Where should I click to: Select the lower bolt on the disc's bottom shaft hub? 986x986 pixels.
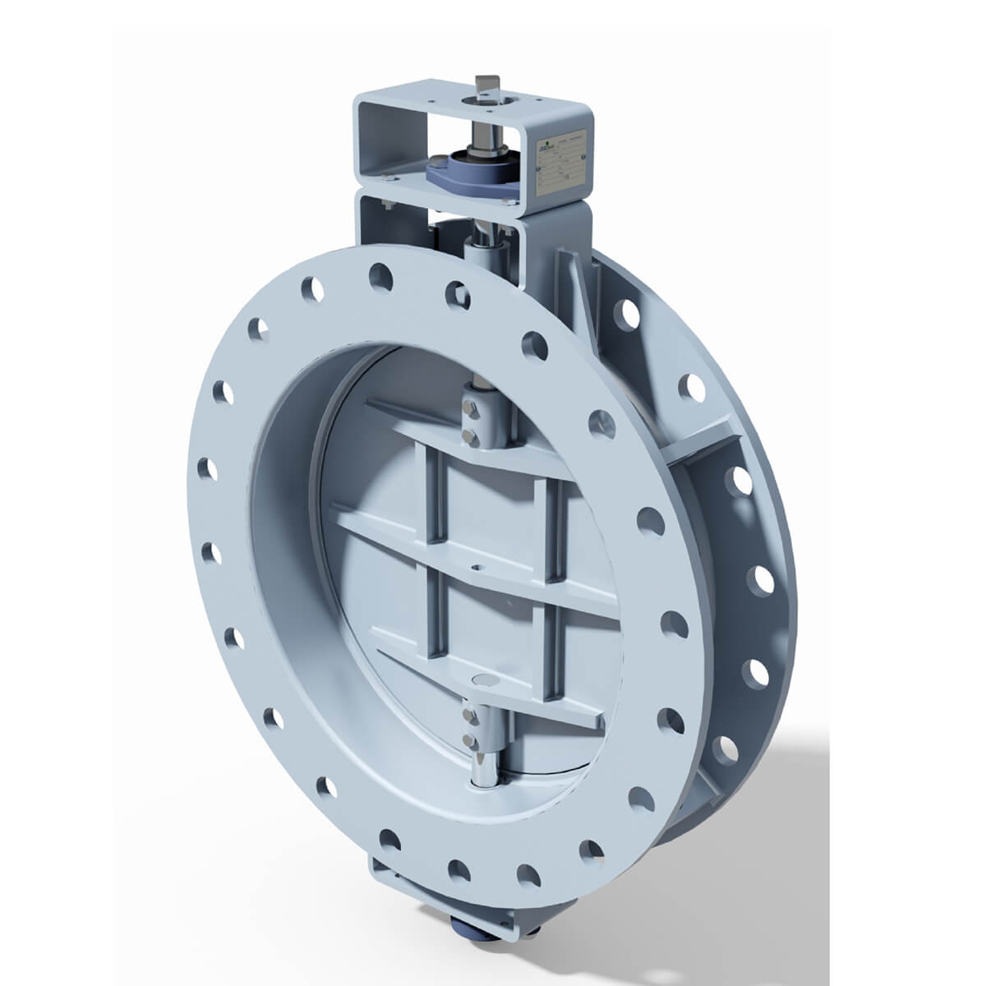point(471,742)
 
